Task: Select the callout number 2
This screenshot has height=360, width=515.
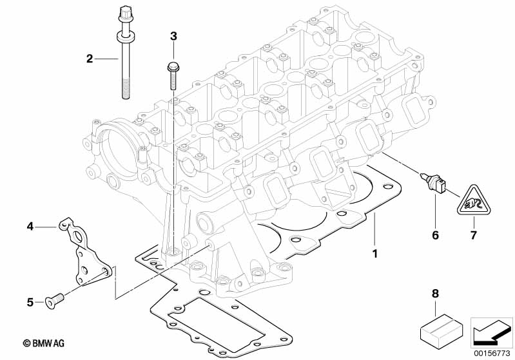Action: [90, 59]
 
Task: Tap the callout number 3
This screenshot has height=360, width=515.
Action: [173, 36]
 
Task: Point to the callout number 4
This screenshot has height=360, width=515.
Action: [30, 226]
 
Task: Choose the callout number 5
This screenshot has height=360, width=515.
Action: [30, 301]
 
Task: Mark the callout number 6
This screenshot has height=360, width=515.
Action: [435, 236]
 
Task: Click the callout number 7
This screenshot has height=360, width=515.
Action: [473, 236]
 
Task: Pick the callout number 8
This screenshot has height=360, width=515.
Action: [434, 294]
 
